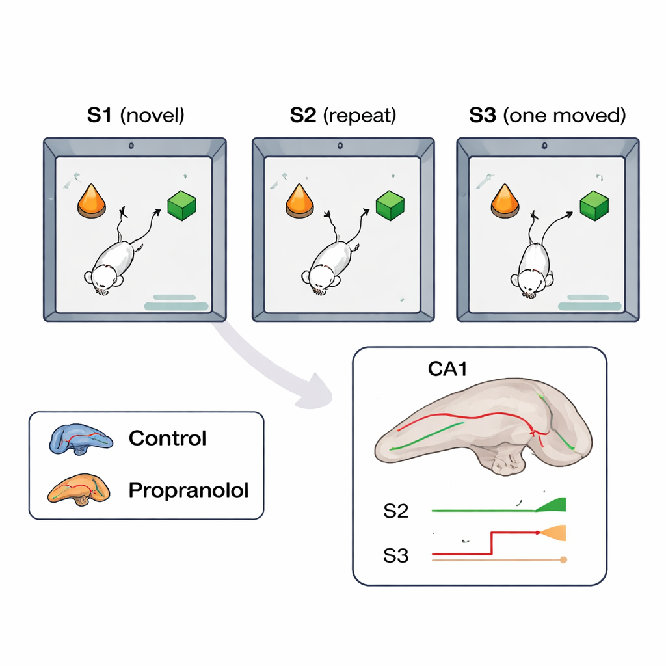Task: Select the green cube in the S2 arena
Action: (x=390, y=206)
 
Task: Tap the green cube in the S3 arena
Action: (x=594, y=206)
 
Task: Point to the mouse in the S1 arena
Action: (x=112, y=267)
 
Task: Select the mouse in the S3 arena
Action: (x=534, y=270)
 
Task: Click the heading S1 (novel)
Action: (x=136, y=116)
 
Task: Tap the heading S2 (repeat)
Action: (x=343, y=116)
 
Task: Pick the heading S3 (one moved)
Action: (x=547, y=116)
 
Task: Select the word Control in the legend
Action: (x=167, y=438)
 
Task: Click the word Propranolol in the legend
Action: (x=189, y=490)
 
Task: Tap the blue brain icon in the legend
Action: (x=81, y=440)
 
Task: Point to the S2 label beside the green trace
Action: (x=395, y=511)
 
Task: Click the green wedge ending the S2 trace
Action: (x=555, y=505)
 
